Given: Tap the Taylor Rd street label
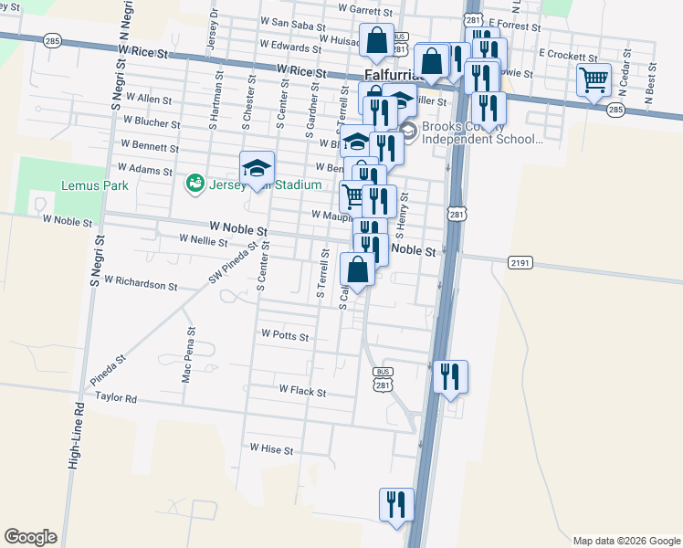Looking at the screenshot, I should click(x=115, y=399).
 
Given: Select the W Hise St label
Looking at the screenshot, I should click(x=271, y=450).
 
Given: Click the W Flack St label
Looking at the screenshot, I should click(x=302, y=390).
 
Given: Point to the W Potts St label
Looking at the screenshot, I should click(x=285, y=336).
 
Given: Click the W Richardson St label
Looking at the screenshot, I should click(x=141, y=283).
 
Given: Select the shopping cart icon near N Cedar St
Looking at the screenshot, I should click(x=594, y=80).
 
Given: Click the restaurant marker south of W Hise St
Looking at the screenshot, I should click(x=396, y=505).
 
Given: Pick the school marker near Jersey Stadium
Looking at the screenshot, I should click(x=257, y=168).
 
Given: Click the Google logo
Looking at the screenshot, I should click(x=31, y=537).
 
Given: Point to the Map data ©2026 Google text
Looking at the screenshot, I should click(x=626, y=540).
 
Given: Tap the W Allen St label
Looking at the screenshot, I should click(x=136, y=99).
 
